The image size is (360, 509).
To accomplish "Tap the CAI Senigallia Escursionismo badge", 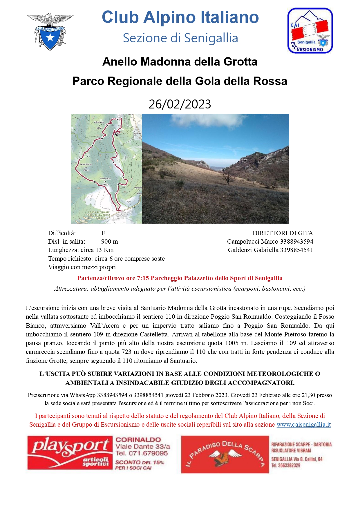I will click(310, 31).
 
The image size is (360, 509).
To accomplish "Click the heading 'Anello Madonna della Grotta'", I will click(180, 62).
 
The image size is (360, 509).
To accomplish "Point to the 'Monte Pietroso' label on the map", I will click(86, 164).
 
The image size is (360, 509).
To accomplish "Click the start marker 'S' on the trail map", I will click(117, 134).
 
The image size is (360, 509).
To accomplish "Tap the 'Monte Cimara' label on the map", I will click(105, 179).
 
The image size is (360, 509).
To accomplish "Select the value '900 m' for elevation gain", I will click(109, 242).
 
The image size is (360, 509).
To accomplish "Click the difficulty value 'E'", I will click(103, 233).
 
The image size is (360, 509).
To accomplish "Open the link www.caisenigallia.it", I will click(303, 425).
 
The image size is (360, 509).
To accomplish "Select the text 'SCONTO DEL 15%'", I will click(140, 462).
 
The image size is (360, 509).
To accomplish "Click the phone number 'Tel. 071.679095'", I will click(142, 453).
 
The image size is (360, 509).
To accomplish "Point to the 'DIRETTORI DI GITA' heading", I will click(283, 233).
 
